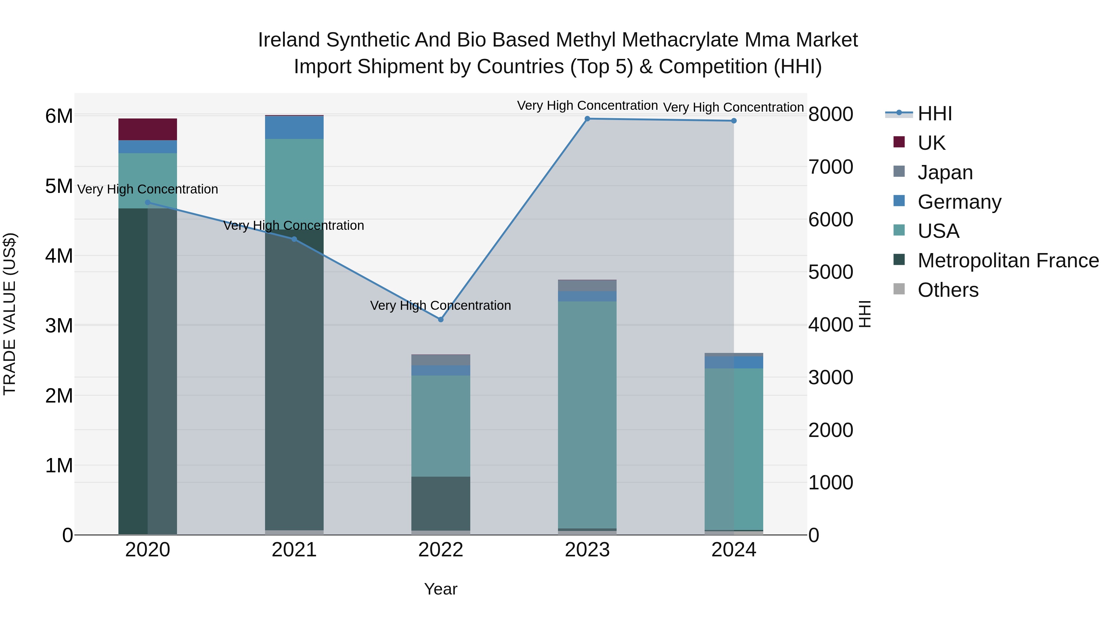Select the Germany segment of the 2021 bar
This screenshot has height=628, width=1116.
tap(294, 127)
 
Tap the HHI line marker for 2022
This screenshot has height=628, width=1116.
tap(441, 319)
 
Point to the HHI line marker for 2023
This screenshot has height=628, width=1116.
tap(587, 119)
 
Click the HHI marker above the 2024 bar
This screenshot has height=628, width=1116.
tap(734, 121)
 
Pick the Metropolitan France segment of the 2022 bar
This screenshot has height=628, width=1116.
tap(441, 503)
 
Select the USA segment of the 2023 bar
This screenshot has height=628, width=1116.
tap(587, 414)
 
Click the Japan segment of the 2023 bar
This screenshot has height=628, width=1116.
tap(587, 286)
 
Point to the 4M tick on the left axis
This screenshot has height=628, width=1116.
tap(59, 256)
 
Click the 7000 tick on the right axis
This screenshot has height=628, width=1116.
tap(830, 167)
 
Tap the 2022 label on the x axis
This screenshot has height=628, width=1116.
tap(441, 550)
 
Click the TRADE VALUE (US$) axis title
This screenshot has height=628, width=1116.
tap(10, 314)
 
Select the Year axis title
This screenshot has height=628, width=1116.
tap(441, 589)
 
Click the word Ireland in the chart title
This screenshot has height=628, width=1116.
tap(289, 40)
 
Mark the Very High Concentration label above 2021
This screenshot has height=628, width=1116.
tap(294, 225)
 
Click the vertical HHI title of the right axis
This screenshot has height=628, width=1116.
tap(864, 314)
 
